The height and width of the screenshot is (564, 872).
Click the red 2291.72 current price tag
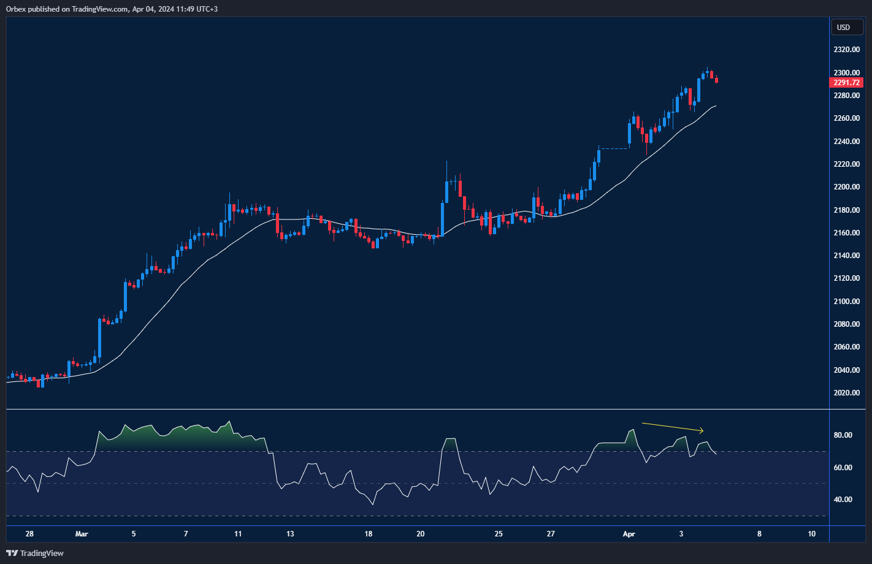coord(846,83)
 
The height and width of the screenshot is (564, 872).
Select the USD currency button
coord(844,27)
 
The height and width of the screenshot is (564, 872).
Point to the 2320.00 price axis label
coord(846,50)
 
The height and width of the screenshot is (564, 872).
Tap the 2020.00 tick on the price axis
coord(846,393)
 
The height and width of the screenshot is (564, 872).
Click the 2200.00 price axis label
coord(846,187)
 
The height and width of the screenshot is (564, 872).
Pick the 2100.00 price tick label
coord(846,302)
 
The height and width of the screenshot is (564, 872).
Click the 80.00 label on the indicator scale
coord(843,435)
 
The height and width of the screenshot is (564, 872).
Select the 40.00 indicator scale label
coord(843,500)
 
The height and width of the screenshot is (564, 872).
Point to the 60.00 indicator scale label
coord(843,468)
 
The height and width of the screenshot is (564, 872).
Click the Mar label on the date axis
coord(82,534)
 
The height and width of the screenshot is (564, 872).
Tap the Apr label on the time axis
coord(629,534)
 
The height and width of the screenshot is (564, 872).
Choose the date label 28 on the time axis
coord(29,534)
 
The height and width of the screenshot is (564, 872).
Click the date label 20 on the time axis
coord(421,534)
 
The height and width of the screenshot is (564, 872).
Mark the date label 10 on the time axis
coord(811,534)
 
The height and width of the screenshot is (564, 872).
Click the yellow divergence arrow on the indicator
coord(673,427)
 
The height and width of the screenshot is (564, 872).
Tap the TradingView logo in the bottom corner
coord(35,553)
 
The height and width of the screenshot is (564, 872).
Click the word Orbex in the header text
coord(17,9)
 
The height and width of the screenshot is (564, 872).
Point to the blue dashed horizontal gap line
coord(614,148)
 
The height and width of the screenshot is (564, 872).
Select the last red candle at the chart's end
coord(716,80)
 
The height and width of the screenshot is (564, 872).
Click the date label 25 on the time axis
coord(499,534)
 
